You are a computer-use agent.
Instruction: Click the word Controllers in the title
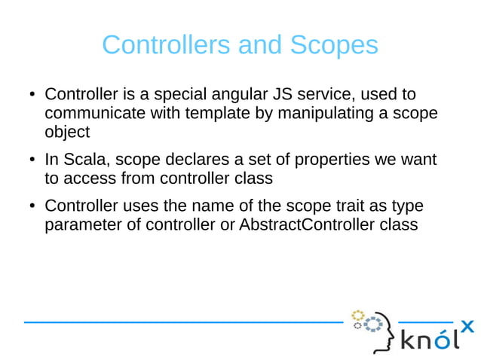tap(167, 45)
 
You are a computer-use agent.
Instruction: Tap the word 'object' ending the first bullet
tap(67, 133)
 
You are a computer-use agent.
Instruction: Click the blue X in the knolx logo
tap(467, 326)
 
